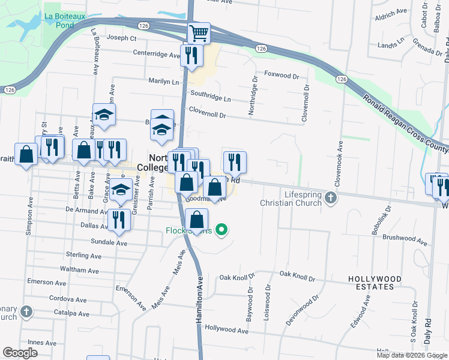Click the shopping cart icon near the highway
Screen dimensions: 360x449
[198, 32]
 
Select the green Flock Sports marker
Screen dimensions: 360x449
[221, 230]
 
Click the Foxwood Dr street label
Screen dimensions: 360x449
[282, 76]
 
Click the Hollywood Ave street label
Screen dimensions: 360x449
[226, 330]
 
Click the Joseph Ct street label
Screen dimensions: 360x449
[122, 38]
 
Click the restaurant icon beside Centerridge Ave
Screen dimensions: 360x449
[191, 55]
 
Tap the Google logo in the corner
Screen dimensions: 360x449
[20, 353]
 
